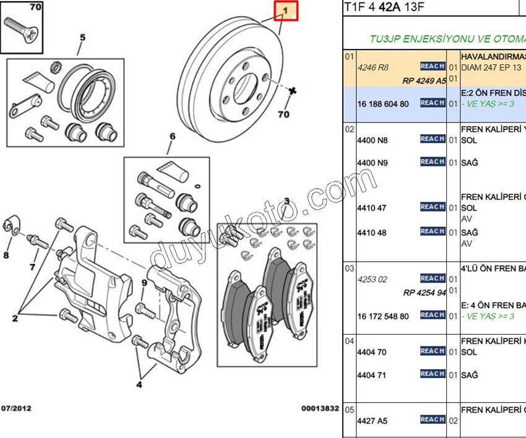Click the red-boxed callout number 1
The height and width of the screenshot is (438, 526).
[286, 11]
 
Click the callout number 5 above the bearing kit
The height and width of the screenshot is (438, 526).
[82, 37]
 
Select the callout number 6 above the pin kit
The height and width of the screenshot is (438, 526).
[173, 136]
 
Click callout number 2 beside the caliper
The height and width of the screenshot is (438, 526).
[14, 318]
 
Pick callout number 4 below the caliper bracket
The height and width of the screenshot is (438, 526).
[139, 384]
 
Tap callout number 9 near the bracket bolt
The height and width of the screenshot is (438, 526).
[144, 283]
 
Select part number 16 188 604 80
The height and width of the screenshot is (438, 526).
[382, 103]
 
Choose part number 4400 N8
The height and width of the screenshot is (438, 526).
[372, 140]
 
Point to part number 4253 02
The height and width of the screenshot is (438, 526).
[372, 279]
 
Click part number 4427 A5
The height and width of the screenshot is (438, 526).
[372, 420]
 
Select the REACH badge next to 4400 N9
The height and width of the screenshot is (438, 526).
[432, 162]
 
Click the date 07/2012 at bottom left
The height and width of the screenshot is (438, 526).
[17, 408]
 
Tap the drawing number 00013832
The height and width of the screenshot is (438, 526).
[320, 408]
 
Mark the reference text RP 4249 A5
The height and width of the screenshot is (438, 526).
[424, 80]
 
